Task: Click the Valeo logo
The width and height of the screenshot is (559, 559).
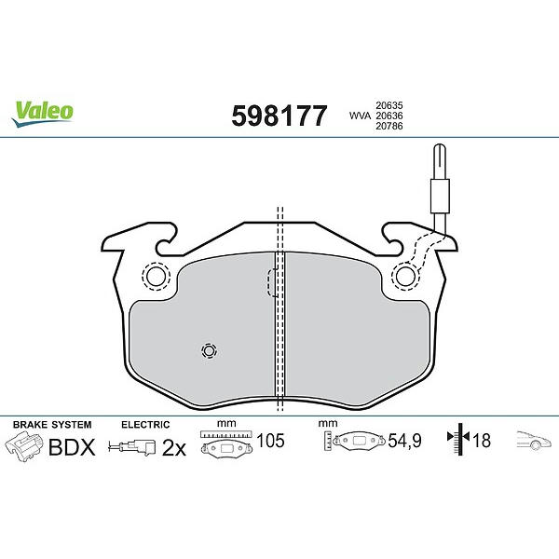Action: [x=42, y=113]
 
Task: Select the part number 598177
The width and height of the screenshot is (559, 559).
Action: [x=279, y=116]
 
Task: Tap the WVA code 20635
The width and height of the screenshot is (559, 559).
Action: [x=389, y=105]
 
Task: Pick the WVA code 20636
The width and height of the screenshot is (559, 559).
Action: [x=389, y=116]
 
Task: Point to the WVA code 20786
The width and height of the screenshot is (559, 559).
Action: [x=389, y=126]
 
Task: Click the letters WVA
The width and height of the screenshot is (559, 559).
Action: [x=360, y=116]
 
